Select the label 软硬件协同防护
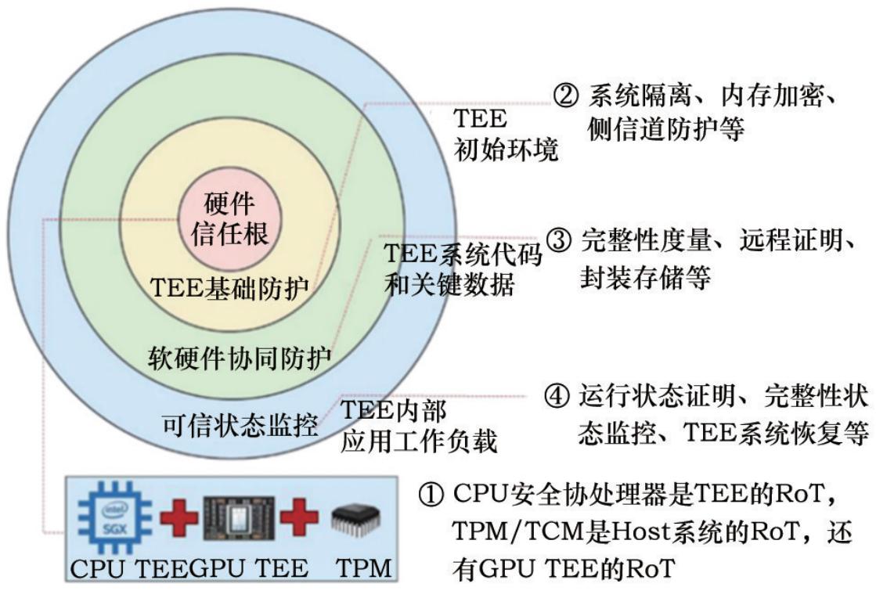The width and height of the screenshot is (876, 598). [240, 359]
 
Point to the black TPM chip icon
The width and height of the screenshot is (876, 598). [357, 517]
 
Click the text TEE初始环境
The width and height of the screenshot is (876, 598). [506, 134]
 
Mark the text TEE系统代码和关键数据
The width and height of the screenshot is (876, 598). [463, 270]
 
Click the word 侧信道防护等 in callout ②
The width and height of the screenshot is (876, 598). [665, 130]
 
